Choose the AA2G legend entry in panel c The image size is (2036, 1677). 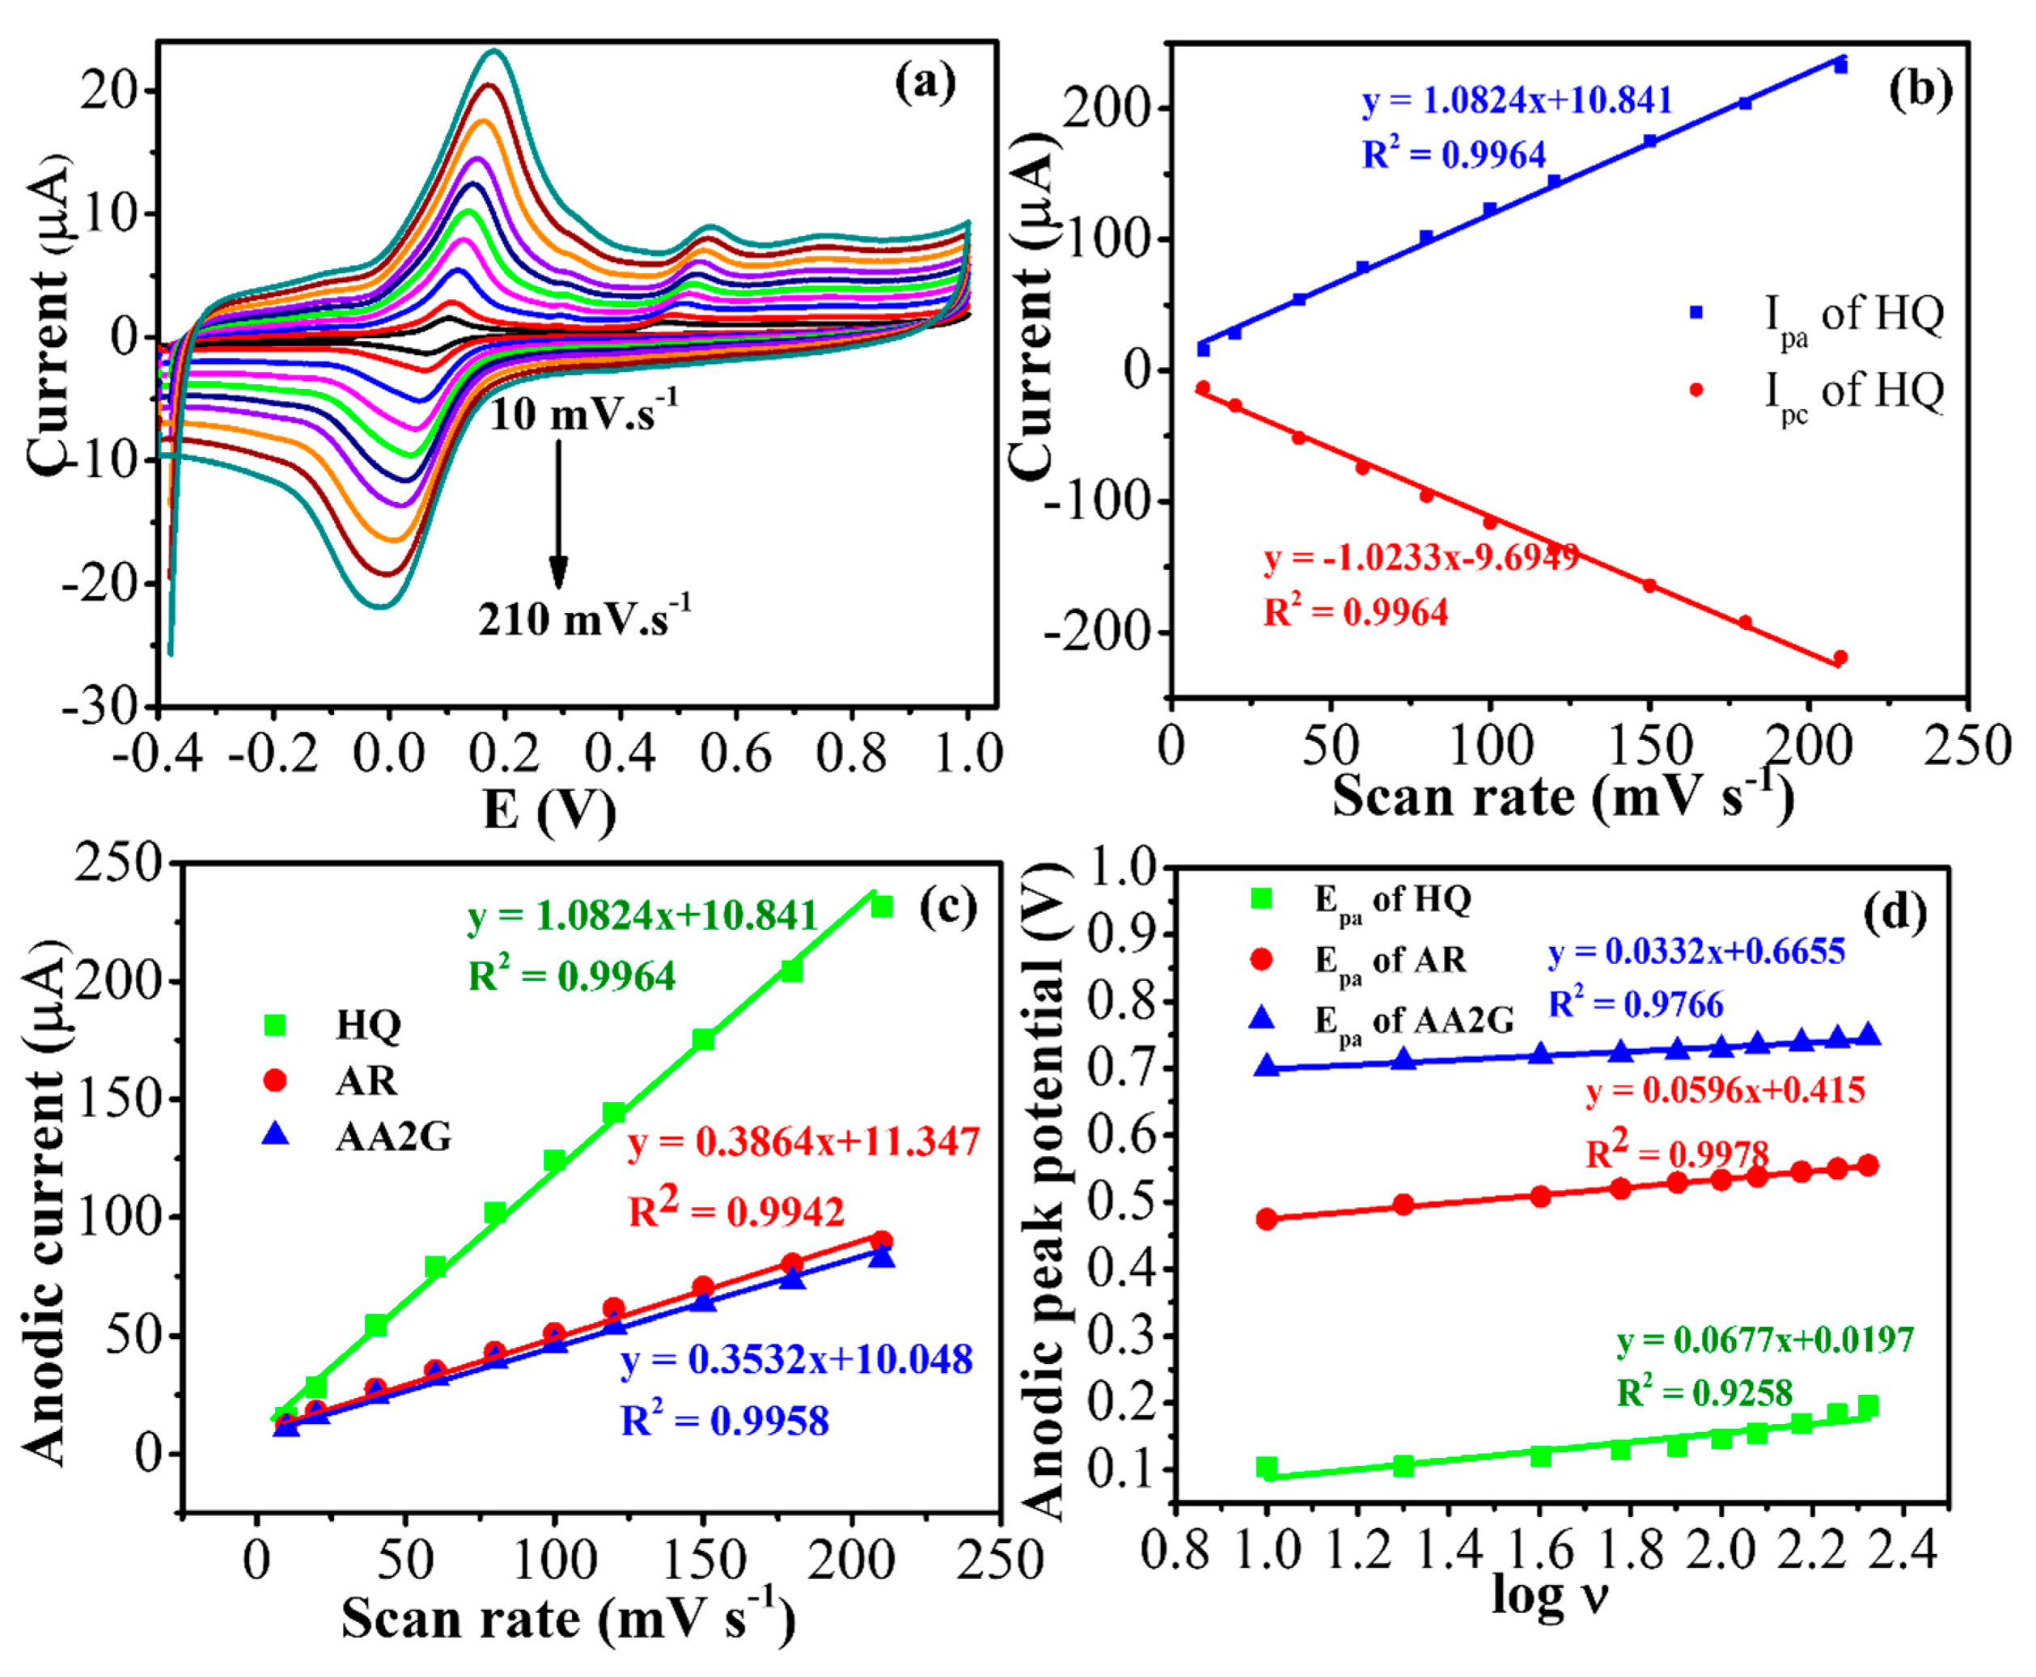point(392,1138)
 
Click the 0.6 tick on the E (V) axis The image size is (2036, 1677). point(734,755)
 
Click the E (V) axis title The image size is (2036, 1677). point(549,809)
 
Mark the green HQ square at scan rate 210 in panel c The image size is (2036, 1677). point(881,906)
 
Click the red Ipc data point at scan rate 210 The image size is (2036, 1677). point(1839,657)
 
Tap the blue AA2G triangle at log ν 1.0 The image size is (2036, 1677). point(1267,1066)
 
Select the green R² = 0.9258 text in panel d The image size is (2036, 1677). point(1704,1392)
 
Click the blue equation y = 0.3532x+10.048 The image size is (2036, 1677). point(796,1360)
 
